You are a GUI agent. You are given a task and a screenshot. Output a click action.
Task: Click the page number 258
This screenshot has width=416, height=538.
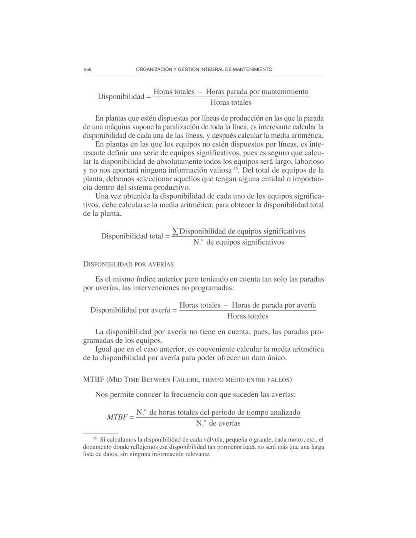tap(87, 69)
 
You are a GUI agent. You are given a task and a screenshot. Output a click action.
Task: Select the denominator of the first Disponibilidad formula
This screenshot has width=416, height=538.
tap(231, 102)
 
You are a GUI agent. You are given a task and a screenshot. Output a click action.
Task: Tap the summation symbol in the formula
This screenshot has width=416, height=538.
tap(175, 231)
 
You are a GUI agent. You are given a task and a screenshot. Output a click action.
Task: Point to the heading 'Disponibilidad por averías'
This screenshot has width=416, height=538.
tap(128, 264)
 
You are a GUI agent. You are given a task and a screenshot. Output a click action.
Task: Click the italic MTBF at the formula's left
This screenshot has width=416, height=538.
tap(117, 417)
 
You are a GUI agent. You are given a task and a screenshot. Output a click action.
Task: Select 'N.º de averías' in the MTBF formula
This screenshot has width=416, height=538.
tap(218, 423)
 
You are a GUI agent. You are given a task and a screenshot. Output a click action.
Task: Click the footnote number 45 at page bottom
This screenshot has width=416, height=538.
tap(95, 438)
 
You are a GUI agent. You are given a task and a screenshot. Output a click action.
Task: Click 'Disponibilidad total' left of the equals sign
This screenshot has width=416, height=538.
tap(132, 236)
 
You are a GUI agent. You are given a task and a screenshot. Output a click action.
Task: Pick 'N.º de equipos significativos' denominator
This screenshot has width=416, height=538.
tap(238, 242)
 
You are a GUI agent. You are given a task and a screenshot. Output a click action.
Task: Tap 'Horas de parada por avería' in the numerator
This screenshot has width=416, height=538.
tap(273, 305)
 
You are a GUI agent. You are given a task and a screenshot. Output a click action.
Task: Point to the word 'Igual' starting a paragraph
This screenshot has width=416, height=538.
tap(104, 349)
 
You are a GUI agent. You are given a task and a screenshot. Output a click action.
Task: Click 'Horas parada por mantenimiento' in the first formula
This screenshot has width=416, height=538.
tap(257, 92)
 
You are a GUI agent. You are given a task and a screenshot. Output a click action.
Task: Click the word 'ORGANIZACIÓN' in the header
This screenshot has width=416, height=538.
tap(154, 69)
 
